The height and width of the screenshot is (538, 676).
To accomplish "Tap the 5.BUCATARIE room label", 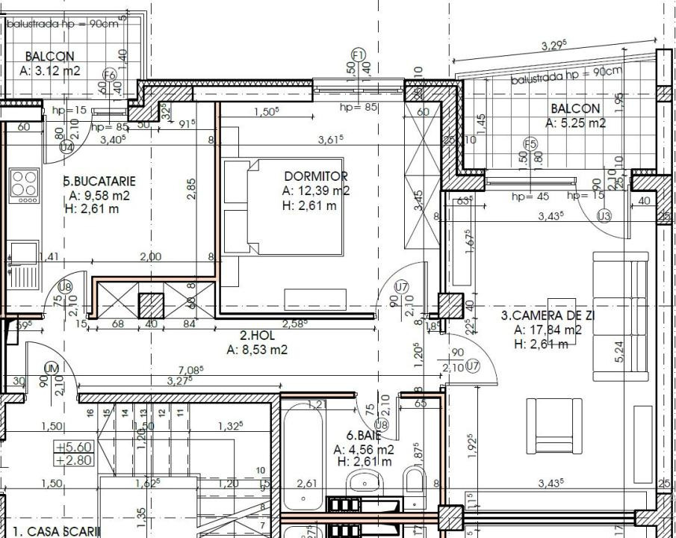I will (99, 181).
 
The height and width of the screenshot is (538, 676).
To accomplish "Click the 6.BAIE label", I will (364, 435).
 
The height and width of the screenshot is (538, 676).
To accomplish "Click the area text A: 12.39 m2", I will (315, 191).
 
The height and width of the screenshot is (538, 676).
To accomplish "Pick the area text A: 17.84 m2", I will (548, 330).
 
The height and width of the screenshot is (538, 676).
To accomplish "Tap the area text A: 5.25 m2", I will (575, 123).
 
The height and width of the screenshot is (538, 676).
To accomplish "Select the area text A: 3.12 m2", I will (50, 71).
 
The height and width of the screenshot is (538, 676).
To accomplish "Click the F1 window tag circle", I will (358, 55).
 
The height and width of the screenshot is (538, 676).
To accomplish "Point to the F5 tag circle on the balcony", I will (530, 143).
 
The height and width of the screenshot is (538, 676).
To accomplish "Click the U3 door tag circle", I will (604, 217).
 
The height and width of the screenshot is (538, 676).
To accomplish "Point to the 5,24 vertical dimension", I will (618, 352).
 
